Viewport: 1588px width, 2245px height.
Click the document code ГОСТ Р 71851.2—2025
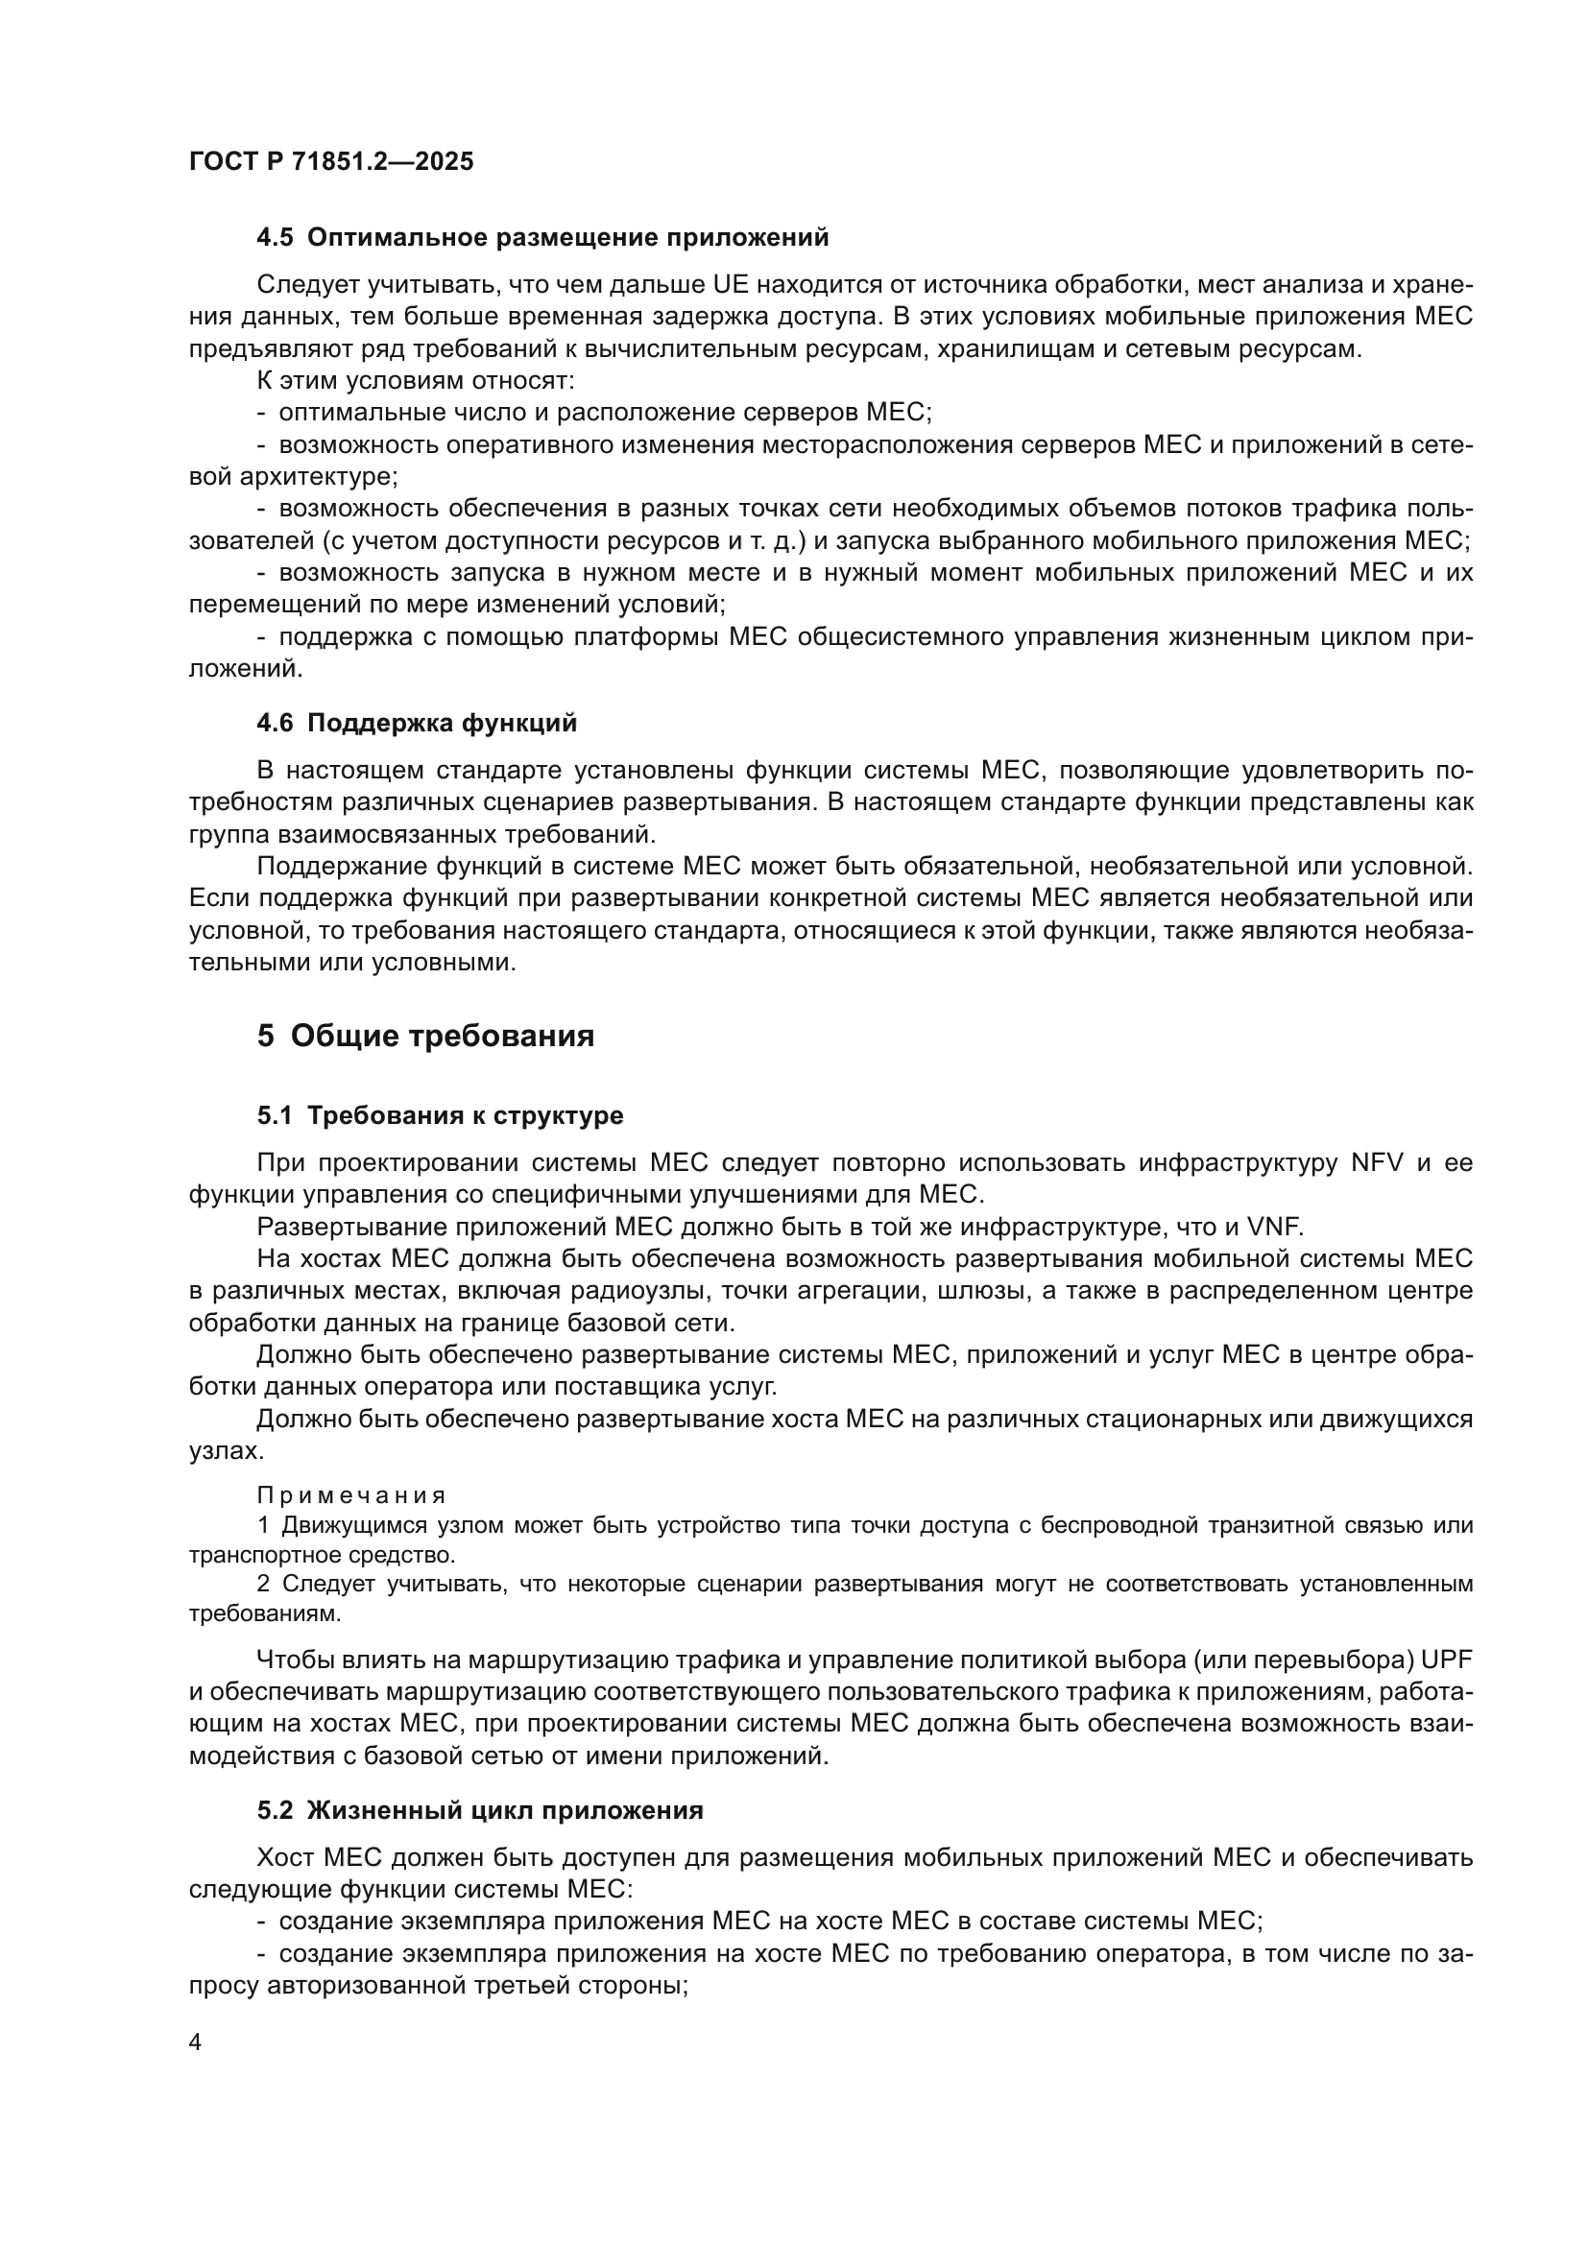330,161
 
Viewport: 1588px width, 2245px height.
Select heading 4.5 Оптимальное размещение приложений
542,237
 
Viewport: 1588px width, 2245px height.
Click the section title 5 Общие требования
425,1036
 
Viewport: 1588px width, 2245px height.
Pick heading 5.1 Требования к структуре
440,1114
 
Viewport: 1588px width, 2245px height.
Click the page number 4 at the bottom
195,2042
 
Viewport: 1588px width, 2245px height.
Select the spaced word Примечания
351,1495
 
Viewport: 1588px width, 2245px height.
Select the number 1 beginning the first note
263,1525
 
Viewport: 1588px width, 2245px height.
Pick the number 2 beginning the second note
263,1584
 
